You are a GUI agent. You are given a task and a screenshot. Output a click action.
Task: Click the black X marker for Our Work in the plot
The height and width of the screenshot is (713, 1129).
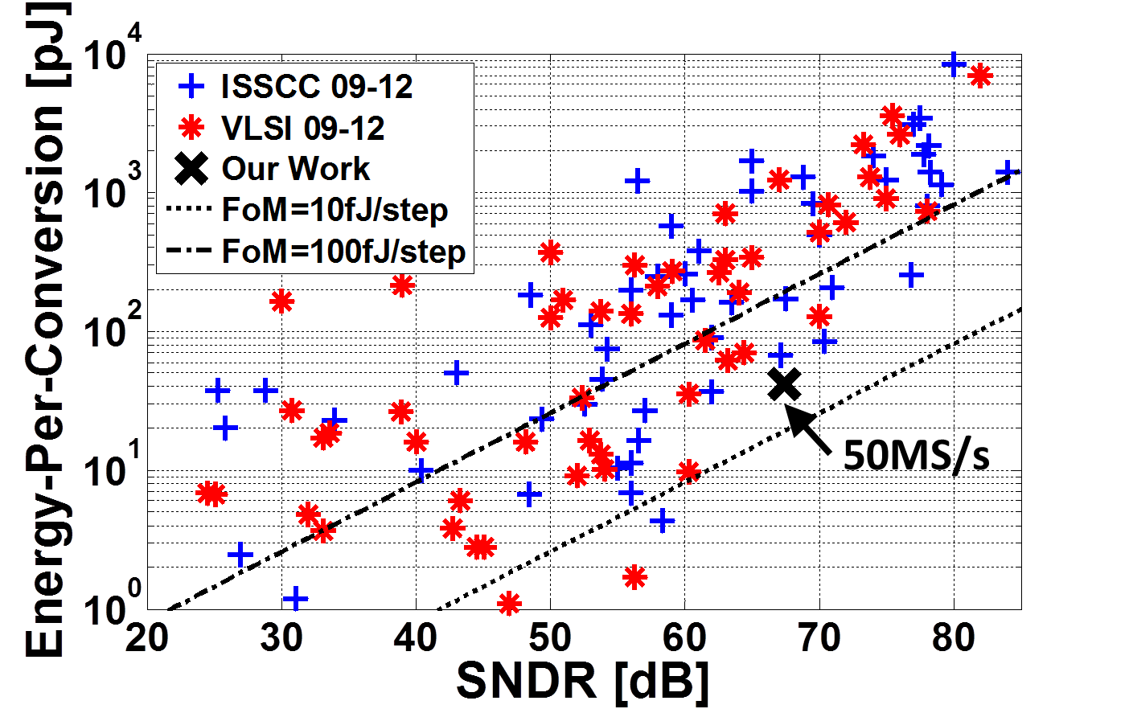[x=784, y=384]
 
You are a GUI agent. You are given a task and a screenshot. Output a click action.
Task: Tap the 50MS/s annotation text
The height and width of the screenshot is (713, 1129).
[x=916, y=456]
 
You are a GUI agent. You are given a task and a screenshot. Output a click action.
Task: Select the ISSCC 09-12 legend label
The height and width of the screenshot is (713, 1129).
[x=317, y=87]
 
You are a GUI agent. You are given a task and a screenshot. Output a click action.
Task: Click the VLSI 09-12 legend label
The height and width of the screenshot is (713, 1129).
[x=302, y=128]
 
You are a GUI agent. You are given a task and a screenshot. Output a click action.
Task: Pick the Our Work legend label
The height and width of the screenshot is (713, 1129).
[x=295, y=169]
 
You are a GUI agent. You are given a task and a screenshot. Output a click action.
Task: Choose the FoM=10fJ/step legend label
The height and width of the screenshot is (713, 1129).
[x=335, y=211]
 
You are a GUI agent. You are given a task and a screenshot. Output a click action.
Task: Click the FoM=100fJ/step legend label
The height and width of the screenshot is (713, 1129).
[x=343, y=252]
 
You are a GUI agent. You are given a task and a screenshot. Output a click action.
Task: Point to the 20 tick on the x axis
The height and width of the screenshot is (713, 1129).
[x=148, y=638]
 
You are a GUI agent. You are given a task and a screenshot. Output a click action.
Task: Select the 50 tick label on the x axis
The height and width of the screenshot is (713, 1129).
[x=550, y=638]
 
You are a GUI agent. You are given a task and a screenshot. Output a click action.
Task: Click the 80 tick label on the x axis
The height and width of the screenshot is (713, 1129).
[x=954, y=638]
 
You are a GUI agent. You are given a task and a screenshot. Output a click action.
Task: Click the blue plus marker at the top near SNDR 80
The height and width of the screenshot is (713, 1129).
[x=953, y=64]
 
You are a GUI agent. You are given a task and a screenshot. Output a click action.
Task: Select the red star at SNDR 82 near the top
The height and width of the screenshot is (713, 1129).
[x=980, y=76]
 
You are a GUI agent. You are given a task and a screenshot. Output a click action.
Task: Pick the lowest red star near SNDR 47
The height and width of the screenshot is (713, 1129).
[x=508, y=603]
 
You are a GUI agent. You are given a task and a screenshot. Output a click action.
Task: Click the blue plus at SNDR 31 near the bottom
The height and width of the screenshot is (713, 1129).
[x=295, y=598]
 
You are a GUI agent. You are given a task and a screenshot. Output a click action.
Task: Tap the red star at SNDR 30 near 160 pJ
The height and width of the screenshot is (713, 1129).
[x=281, y=302]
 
